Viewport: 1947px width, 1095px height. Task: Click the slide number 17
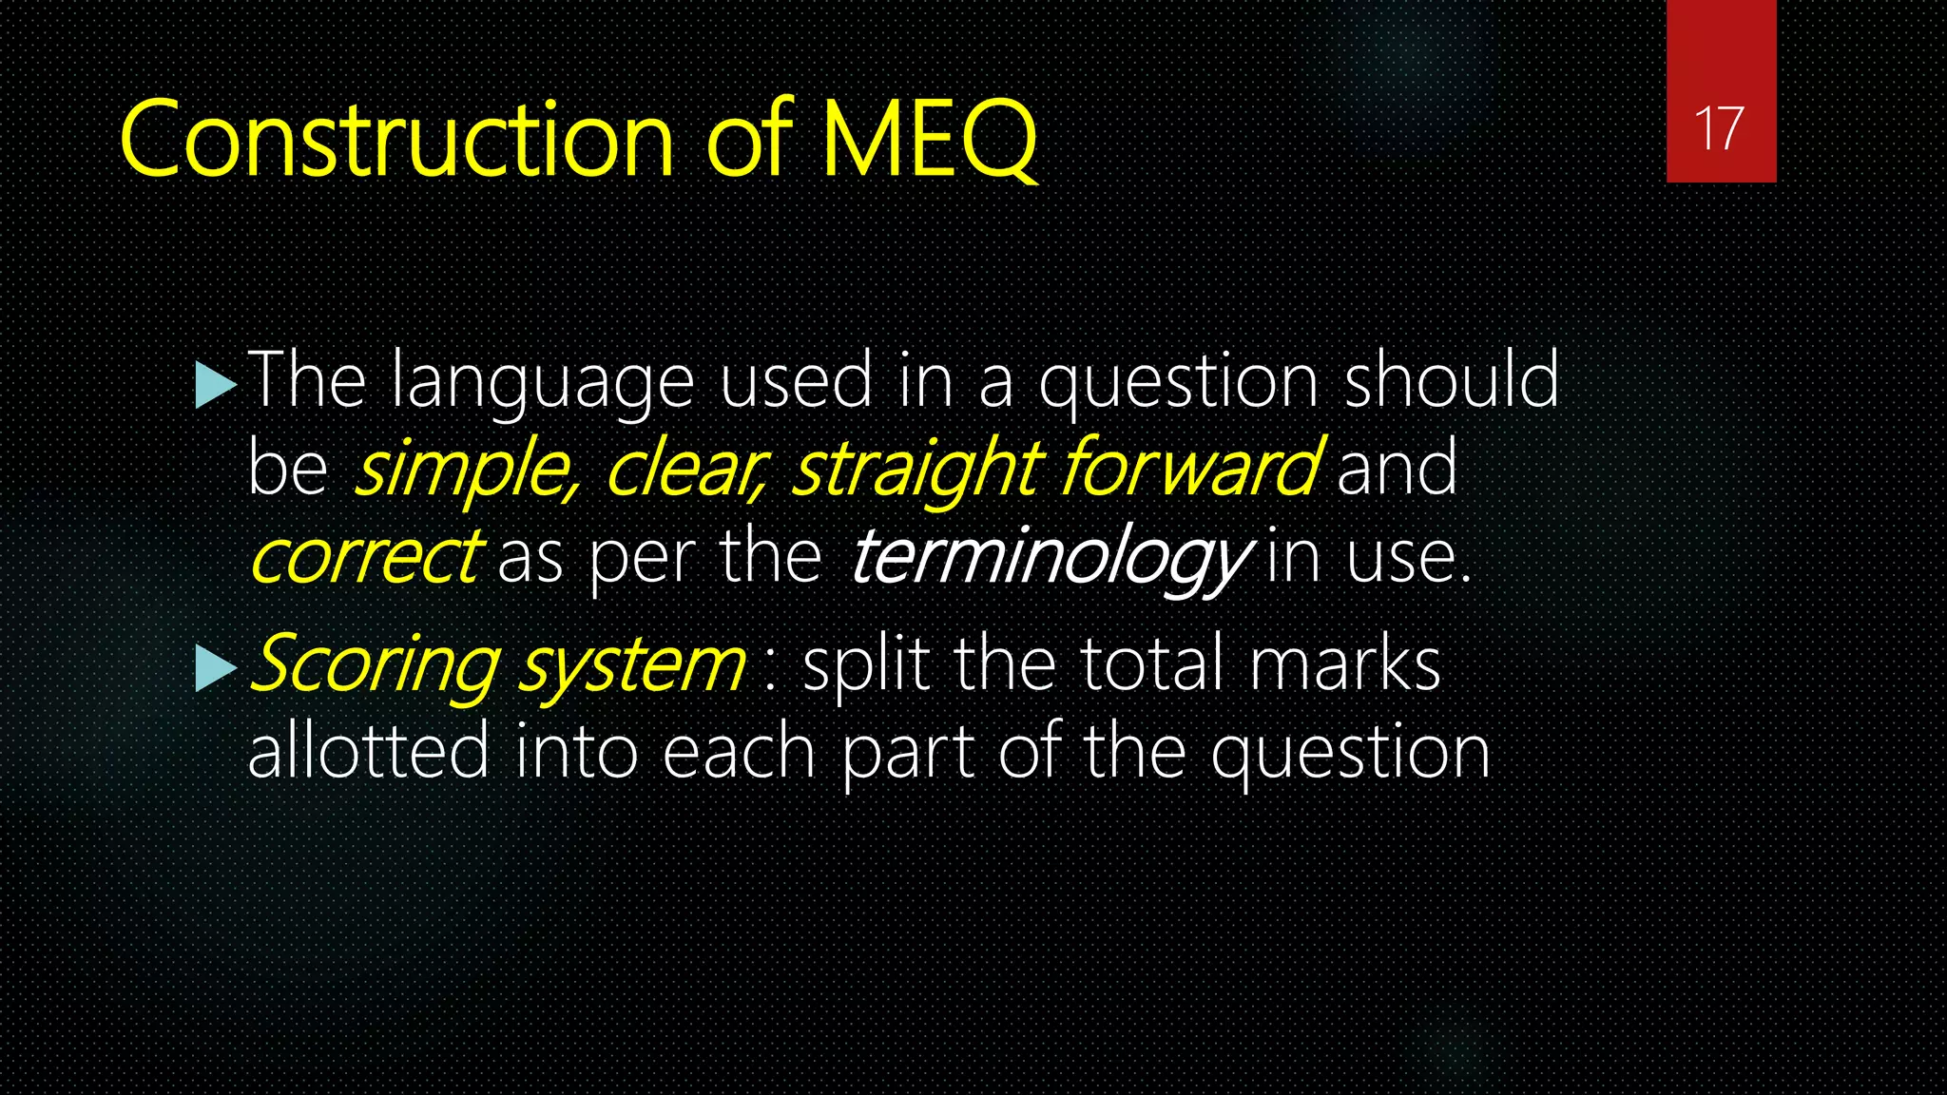tap(1719, 128)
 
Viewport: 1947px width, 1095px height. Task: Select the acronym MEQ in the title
tap(929, 140)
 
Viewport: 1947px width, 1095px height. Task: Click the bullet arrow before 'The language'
tap(215, 386)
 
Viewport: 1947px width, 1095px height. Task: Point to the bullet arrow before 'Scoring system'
tap(215, 668)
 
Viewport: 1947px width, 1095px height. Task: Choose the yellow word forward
tap(1188, 467)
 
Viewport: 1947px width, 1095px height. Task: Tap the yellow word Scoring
tap(374, 665)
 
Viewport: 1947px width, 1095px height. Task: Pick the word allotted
tap(368, 751)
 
